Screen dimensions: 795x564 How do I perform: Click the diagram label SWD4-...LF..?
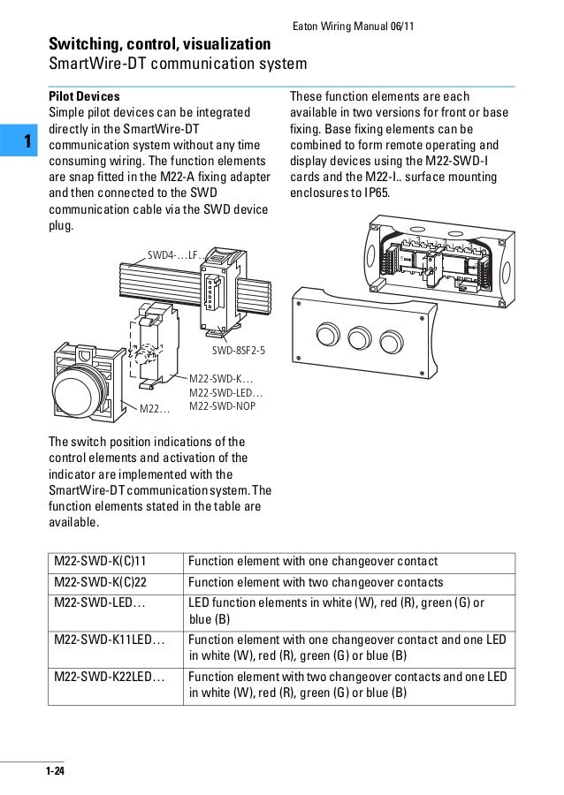tap(175, 255)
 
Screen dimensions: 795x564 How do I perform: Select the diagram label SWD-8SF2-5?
tap(238, 351)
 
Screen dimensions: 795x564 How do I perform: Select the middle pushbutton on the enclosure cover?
tap(337, 337)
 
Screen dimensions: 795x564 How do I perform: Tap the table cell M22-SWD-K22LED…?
tap(110, 677)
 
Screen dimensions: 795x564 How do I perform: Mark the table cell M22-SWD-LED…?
tap(100, 602)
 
